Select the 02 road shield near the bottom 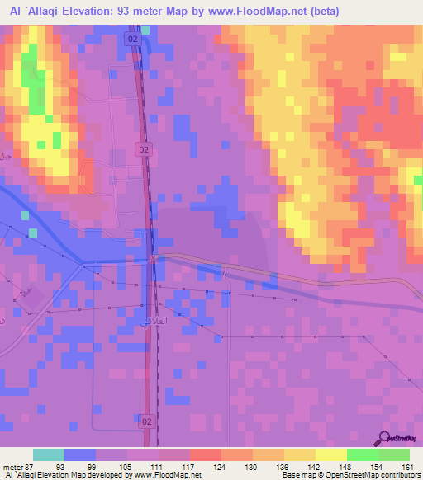point(146,421)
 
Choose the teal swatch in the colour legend point(49,454)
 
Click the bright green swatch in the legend point(362,454)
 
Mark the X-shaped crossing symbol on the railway point(154,259)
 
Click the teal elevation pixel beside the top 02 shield point(146,31)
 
